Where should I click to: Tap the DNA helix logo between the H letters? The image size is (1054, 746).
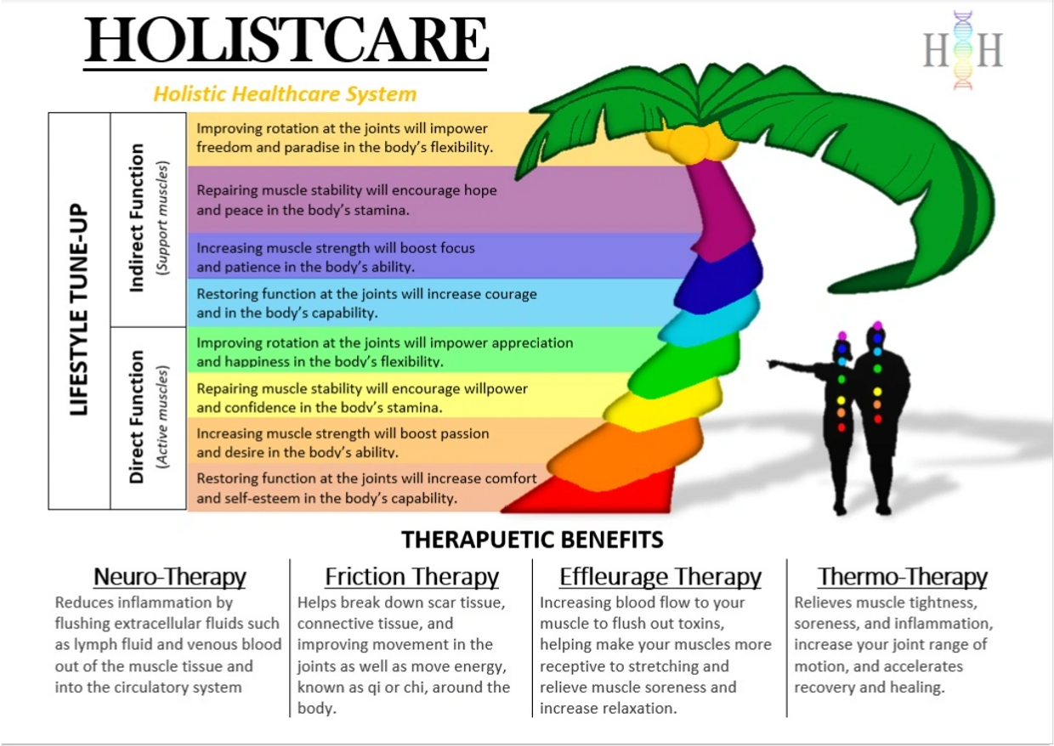point(962,51)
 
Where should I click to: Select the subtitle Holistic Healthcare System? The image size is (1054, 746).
point(285,93)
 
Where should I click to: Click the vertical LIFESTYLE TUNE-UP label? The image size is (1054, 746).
point(79,310)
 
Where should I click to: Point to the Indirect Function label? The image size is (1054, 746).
point(136,218)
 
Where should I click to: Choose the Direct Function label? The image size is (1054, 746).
point(136,417)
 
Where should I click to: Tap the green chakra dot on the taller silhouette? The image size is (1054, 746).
point(877,379)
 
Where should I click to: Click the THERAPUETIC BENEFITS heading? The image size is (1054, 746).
point(532,540)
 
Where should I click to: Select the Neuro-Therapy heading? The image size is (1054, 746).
point(170,577)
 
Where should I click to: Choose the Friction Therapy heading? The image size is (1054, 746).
point(411,577)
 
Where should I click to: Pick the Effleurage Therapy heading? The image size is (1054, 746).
point(660,577)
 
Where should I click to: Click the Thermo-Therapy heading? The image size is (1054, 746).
point(902,577)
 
